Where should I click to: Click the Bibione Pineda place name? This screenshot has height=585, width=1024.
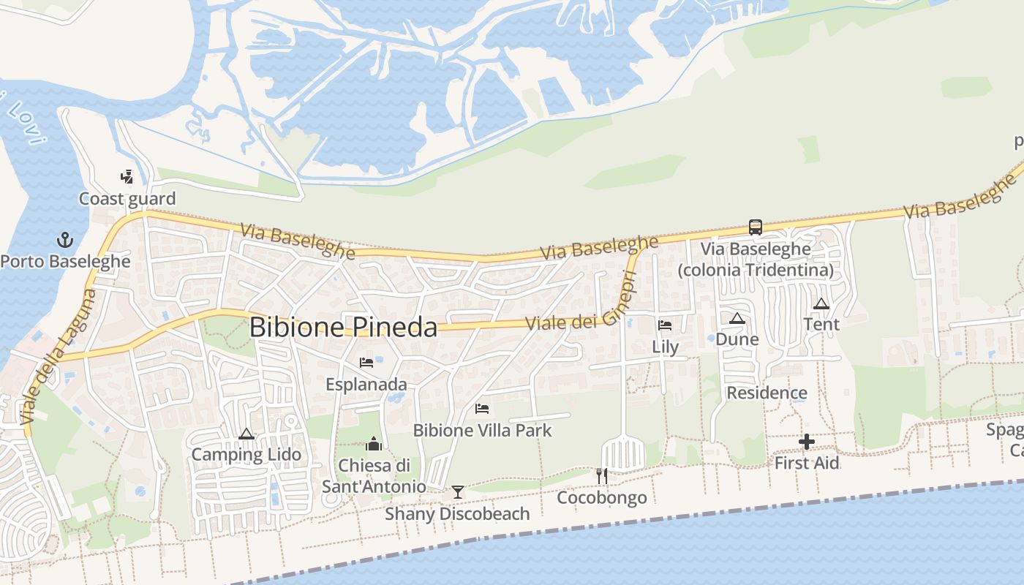pyautogui.click(x=343, y=327)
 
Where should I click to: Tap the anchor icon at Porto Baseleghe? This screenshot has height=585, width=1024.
pyautogui.click(x=66, y=240)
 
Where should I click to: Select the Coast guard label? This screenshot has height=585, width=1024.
pyautogui.click(x=127, y=199)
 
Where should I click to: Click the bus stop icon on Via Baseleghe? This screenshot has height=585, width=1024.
pyautogui.click(x=755, y=227)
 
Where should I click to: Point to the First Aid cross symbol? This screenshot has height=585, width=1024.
pyautogui.click(x=807, y=442)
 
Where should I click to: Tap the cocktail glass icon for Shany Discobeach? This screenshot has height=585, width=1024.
pyautogui.click(x=457, y=491)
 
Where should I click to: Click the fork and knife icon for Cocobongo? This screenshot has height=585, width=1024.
pyautogui.click(x=601, y=476)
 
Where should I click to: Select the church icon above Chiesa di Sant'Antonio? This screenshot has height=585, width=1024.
pyautogui.click(x=374, y=444)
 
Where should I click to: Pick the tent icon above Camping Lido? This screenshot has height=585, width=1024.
pyautogui.click(x=246, y=434)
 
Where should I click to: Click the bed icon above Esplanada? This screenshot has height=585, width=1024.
pyautogui.click(x=366, y=363)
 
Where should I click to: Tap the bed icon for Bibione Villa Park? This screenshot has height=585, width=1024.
pyautogui.click(x=482, y=409)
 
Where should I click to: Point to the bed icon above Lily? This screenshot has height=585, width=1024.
pyautogui.click(x=665, y=325)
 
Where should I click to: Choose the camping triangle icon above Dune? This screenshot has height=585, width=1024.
pyautogui.click(x=737, y=318)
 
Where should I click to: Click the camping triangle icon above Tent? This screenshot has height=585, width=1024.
pyautogui.click(x=821, y=303)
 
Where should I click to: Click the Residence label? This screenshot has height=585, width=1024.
pyautogui.click(x=767, y=393)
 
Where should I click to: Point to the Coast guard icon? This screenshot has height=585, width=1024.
pyautogui.click(x=127, y=176)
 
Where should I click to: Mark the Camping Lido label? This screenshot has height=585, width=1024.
pyautogui.click(x=246, y=455)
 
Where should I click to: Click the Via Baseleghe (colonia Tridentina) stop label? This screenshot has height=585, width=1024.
pyautogui.click(x=756, y=260)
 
